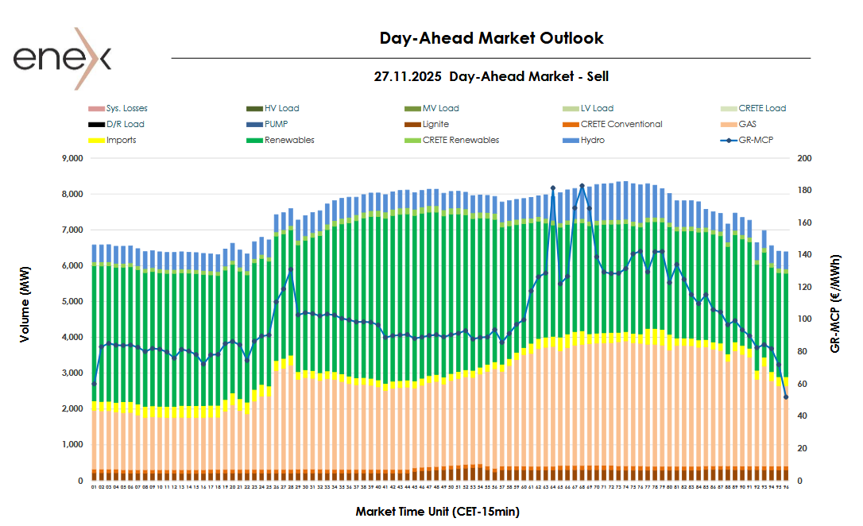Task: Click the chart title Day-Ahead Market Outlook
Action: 491,38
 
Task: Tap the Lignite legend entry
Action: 435,124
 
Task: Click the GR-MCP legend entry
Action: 755,140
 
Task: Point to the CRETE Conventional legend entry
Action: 621,124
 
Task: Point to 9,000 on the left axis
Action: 72,158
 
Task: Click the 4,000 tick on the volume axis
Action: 72,338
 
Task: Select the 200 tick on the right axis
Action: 803,158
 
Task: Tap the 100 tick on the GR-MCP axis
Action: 803,319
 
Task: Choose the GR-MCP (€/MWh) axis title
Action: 835,304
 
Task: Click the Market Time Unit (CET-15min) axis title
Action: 437,512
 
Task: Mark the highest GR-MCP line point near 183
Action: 582,186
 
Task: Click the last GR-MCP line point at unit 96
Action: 785,397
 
